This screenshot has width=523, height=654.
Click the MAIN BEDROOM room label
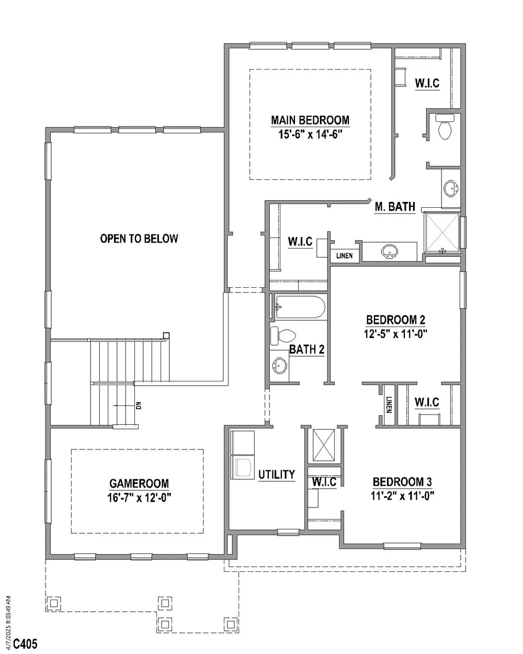point(310,120)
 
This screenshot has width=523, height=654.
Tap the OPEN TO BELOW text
point(139,239)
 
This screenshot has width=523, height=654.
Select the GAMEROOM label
point(139,483)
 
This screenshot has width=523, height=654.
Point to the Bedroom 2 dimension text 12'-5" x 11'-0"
point(396,334)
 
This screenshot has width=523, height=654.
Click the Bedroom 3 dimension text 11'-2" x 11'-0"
point(402,495)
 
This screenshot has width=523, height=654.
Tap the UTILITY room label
point(277,475)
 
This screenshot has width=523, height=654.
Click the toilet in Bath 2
point(283,336)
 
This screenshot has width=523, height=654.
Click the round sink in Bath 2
point(279,365)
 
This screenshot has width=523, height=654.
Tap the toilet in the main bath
point(445,127)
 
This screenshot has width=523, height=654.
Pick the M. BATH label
point(395,207)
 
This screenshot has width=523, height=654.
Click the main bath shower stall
point(442,232)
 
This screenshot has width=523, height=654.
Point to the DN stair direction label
point(139,405)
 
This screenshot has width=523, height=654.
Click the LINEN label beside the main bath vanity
point(344,255)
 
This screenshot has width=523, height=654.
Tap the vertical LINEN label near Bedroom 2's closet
point(389,404)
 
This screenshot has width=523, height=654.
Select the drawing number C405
point(26,644)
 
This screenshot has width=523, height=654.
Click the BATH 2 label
point(306,349)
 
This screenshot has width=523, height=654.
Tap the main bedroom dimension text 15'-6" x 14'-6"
point(310,134)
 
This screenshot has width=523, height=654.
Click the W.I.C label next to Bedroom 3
point(324,482)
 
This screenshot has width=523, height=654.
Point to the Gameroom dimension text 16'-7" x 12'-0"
point(139,498)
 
